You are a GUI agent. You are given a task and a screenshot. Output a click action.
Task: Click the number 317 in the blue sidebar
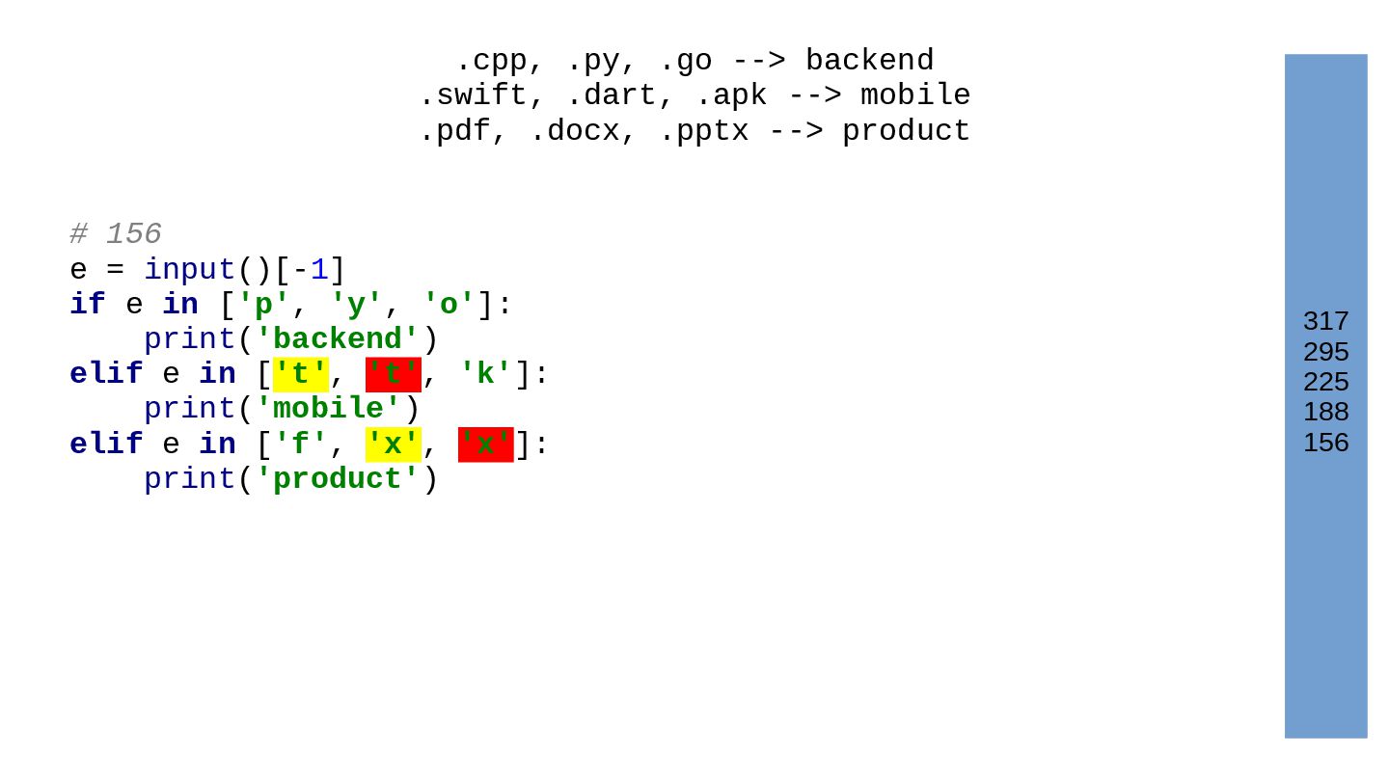tap(1325, 321)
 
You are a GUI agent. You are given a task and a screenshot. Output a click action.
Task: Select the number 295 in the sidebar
tap(1325, 352)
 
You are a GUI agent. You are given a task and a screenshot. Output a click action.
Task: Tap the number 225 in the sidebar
tap(1325, 382)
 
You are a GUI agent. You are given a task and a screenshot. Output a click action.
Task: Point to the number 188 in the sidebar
tap(1325, 412)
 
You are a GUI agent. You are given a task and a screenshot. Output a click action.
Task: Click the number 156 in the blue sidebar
tap(1325, 443)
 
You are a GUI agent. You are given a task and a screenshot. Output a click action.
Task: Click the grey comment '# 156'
tap(116, 234)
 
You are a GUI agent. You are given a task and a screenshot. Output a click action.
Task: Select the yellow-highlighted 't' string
tap(301, 374)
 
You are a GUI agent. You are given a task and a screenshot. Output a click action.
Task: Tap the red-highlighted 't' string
tap(393, 374)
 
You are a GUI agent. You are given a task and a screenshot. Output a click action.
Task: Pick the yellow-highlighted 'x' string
tap(393, 444)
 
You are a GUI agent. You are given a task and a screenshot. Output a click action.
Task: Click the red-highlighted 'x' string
tap(485, 444)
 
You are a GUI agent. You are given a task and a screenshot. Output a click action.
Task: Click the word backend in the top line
tap(869, 61)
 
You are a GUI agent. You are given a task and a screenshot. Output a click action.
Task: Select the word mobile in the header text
tap(915, 95)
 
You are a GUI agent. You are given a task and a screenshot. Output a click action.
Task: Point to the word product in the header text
tap(906, 131)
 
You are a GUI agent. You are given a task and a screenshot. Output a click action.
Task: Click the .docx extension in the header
tap(574, 131)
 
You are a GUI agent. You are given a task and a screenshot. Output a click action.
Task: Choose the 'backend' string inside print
tap(338, 339)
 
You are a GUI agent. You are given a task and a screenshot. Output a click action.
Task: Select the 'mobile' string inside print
tap(328, 409)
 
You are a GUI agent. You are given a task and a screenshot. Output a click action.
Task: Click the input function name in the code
tap(190, 270)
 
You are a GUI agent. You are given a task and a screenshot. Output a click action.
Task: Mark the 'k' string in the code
tap(485, 374)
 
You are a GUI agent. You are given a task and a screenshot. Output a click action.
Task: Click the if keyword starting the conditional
tap(87, 305)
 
